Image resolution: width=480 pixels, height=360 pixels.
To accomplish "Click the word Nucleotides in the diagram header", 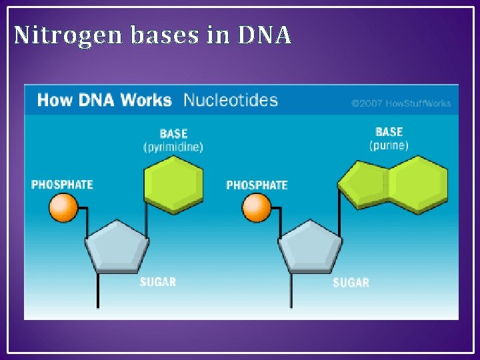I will [x=230, y=101].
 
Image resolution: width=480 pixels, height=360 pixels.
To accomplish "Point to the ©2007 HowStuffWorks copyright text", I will [x=401, y=103].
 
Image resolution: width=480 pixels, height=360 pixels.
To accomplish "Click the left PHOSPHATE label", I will [x=62, y=184].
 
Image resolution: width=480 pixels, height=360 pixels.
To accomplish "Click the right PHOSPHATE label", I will [x=257, y=185].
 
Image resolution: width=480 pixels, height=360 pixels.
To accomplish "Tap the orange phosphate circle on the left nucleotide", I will [x=64, y=207].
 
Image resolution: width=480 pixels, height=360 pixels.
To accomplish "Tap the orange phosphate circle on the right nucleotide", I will [x=257, y=207].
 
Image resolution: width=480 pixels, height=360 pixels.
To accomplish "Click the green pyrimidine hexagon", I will [x=173, y=183].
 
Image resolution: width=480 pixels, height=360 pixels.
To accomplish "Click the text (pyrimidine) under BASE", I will [x=173, y=147].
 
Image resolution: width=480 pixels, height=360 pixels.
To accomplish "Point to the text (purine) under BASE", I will [x=389, y=145].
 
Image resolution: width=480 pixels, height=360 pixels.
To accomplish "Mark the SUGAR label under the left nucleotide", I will [x=158, y=282].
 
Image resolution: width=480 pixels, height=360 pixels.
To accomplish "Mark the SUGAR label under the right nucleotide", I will [x=351, y=283].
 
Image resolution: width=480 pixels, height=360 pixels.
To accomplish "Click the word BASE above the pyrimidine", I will [x=173, y=134].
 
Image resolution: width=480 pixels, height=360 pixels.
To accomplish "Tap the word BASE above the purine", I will [x=389, y=132].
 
